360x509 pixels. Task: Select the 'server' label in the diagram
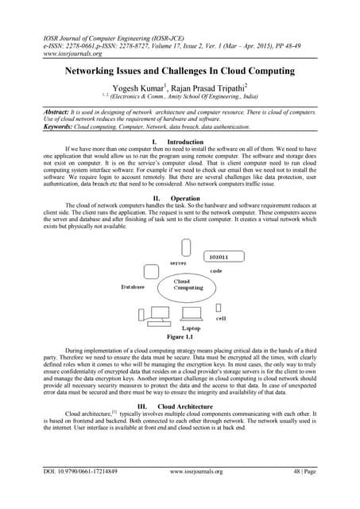[179, 262]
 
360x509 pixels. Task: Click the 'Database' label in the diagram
[132, 287]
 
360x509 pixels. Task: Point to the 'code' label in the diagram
[215, 271]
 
